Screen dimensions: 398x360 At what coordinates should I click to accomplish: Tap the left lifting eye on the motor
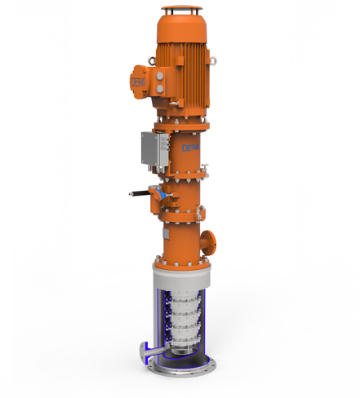pos(147,60)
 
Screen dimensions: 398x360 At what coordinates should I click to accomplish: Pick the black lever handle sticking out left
pos(140,194)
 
